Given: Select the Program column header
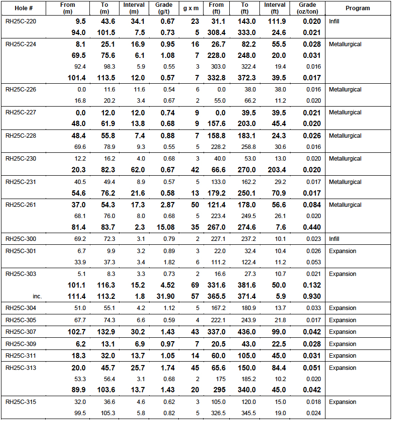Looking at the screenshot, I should (358, 8).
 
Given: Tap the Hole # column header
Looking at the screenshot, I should (22, 8).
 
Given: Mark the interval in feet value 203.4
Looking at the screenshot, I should (278, 170).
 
